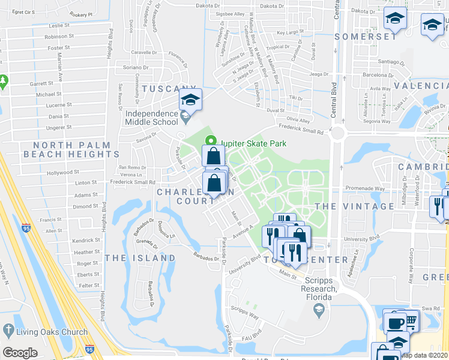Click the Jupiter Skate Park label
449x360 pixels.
pos(253,143)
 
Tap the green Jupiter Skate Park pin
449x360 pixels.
pos(211,142)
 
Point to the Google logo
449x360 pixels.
pos(20,353)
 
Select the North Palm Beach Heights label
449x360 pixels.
pos(71,149)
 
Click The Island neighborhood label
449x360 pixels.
pos(140,258)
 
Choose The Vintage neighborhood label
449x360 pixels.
pos(354,206)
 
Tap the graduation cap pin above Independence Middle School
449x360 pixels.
pos(190,99)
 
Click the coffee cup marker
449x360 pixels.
pos(394,322)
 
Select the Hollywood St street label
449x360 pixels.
pos(59,173)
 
